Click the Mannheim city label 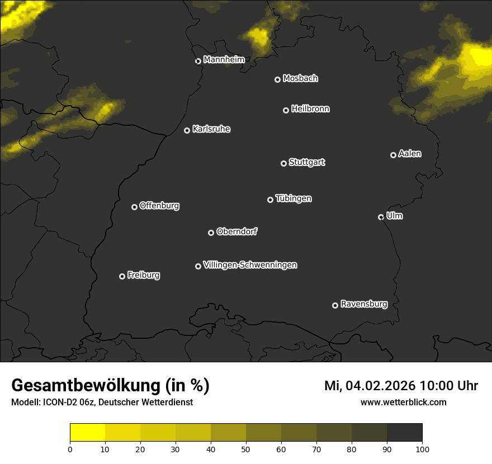224,60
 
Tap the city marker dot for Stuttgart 283,163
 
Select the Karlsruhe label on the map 211,129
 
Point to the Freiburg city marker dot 122,276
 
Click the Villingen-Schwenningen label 250,265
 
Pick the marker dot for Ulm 381,217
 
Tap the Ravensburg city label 363,305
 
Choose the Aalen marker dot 393,155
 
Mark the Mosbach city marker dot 277,79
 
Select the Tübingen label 294,198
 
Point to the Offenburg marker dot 134,207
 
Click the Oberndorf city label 236,231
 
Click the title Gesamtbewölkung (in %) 110,386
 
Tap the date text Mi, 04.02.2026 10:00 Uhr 401,386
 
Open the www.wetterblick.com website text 403,402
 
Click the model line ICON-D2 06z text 102,402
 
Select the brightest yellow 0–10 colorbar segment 88,433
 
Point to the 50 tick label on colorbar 246,448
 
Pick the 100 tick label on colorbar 422,448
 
